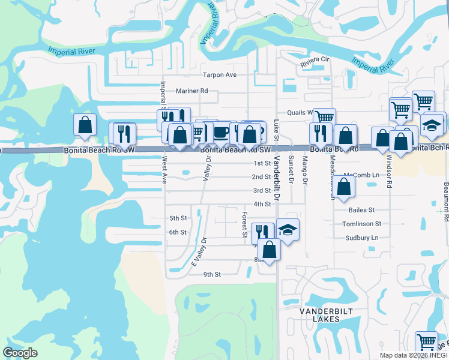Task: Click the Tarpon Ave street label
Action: [x=220, y=75]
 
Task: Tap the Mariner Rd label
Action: [x=191, y=91]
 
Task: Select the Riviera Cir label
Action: [x=316, y=60]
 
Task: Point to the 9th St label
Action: [x=212, y=274]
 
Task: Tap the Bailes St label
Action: [x=361, y=210]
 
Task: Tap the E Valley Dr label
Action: [x=198, y=252]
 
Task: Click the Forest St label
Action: [x=245, y=224]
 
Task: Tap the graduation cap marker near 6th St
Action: [x=288, y=230]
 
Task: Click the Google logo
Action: [x=20, y=353]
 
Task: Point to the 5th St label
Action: [x=178, y=218]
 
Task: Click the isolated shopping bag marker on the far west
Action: [x=85, y=125]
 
